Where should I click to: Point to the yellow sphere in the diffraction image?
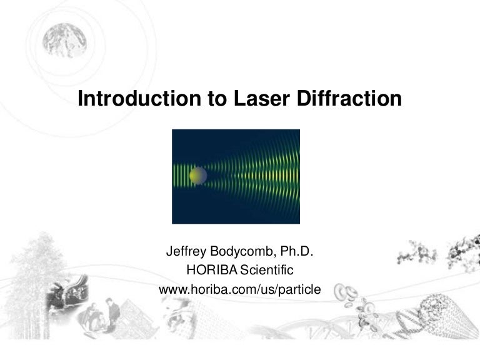pos(197,176)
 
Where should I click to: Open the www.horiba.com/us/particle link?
pos(240,289)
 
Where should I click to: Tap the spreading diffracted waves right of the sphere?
pos(256,176)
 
